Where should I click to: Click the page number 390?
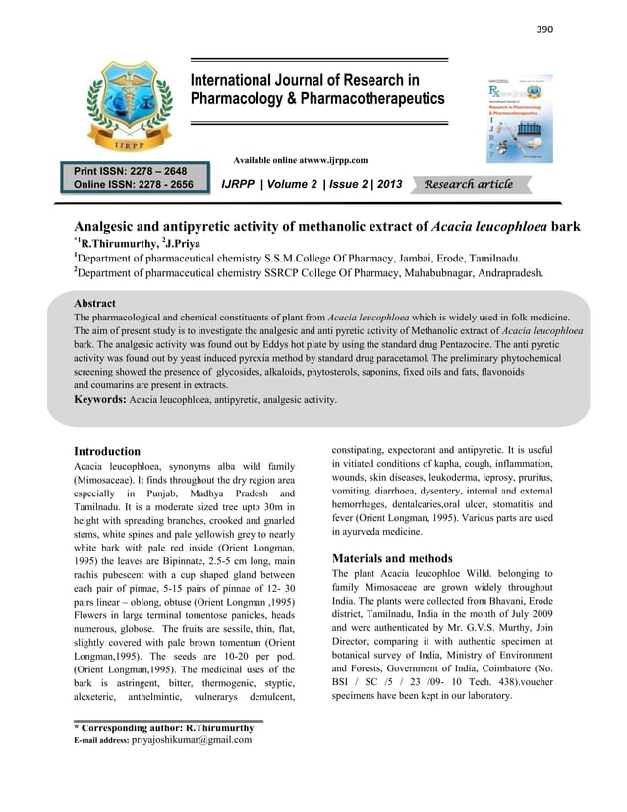click(543, 29)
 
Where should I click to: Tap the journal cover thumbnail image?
click(520, 118)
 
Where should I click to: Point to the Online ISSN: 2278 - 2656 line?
click(133, 184)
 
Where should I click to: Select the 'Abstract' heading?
click(95, 304)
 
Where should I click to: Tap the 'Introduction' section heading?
click(108, 451)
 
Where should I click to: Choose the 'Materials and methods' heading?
click(392, 558)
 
